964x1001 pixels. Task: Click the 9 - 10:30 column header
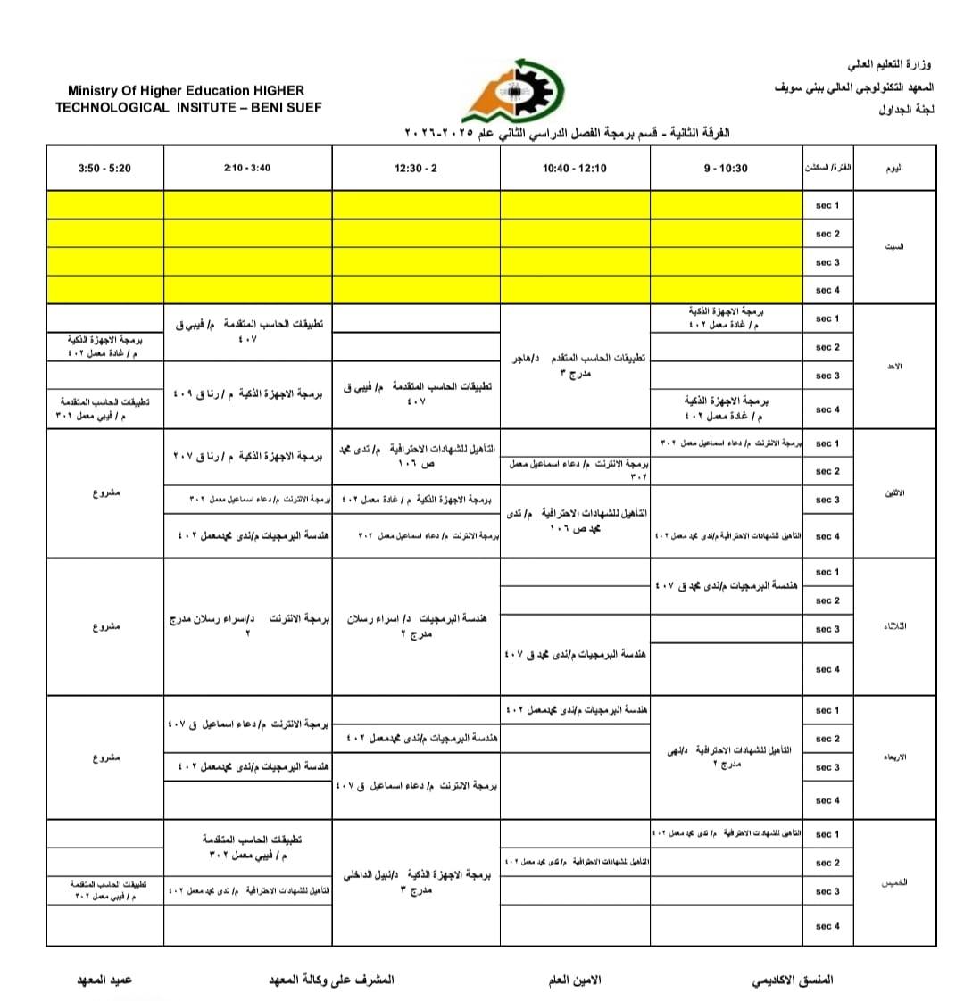click(726, 168)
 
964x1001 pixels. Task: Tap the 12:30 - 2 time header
click(416, 168)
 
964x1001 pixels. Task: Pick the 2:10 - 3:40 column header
click(247, 168)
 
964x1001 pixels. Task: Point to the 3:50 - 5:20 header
click(104, 168)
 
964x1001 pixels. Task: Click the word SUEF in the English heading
click(304, 107)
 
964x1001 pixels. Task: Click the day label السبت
click(894, 247)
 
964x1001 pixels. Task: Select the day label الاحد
click(894, 367)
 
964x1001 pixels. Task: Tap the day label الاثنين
click(894, 492)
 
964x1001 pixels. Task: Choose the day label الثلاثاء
click(894, 625)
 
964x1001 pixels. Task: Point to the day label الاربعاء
click(894, 757)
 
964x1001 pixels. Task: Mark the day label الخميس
click(894, 882)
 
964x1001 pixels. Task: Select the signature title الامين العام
click(575, 980)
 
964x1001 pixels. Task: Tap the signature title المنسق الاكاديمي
click(794, 980)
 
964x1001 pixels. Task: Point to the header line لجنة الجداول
click(904, 110)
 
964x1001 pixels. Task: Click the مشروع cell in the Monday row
click(105, 492)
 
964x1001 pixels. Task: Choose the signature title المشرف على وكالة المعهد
click(331, 980)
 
